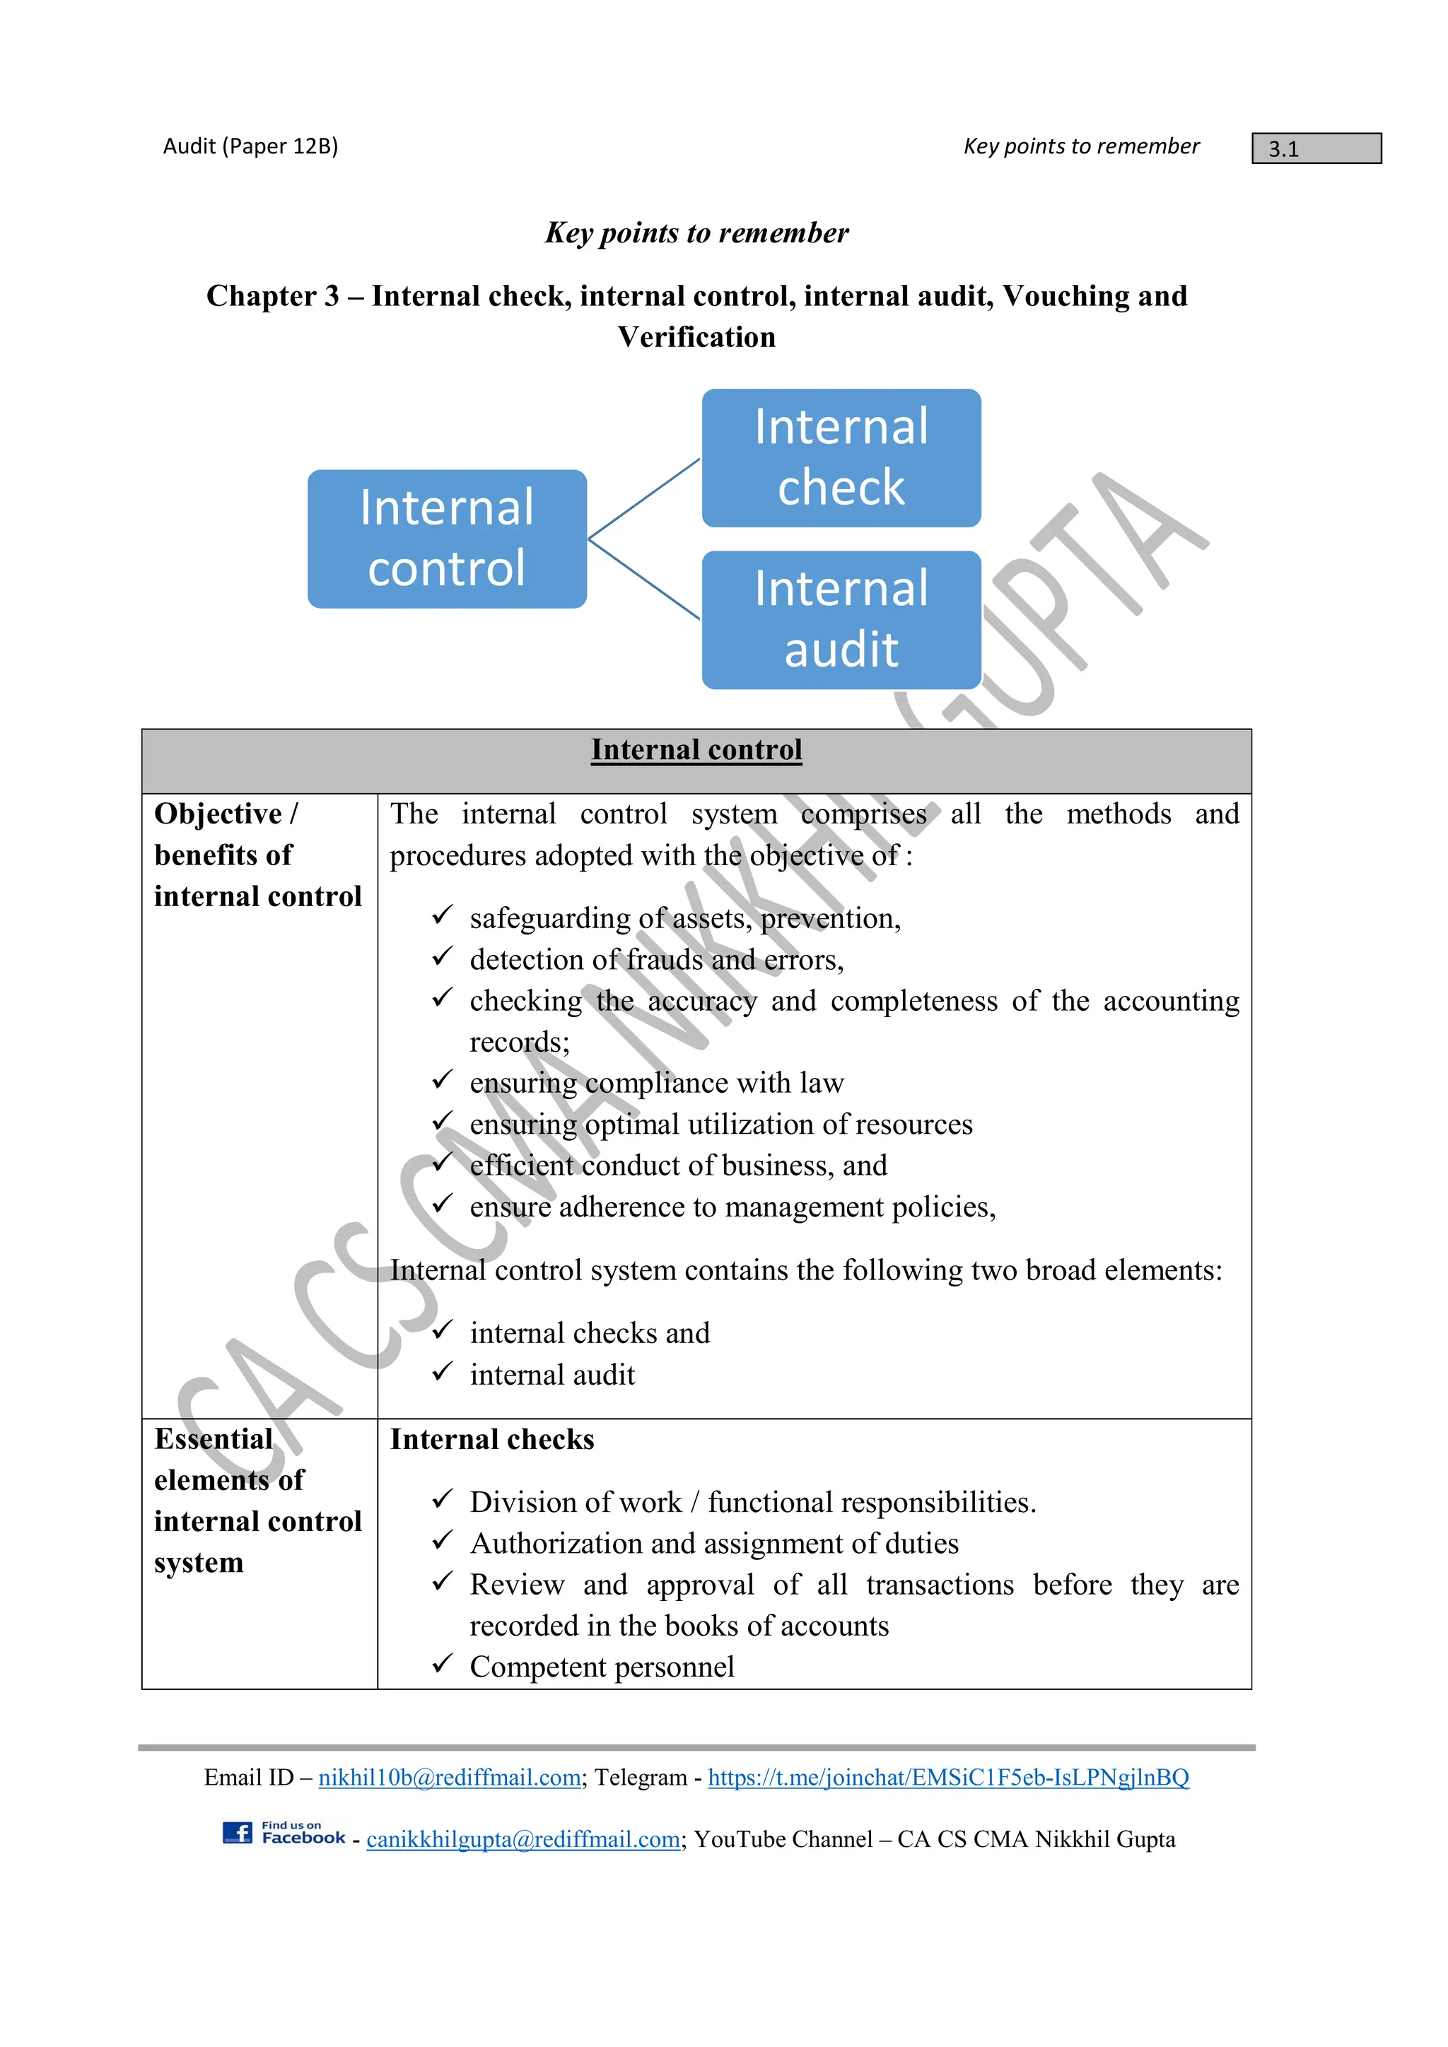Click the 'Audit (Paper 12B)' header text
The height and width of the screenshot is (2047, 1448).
250,146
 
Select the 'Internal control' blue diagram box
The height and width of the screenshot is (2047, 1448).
447,539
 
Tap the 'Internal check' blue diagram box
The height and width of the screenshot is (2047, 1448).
841,457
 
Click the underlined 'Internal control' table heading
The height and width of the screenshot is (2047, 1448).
696,750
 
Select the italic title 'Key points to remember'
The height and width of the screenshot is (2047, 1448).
696,233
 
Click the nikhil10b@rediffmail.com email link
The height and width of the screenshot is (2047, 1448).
450,1777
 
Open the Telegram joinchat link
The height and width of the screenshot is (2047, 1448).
948,1777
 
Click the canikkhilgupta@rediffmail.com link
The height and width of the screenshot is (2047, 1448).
523,1839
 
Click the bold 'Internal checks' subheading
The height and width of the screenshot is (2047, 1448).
492,1440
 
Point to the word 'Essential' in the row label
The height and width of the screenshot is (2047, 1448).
213,1439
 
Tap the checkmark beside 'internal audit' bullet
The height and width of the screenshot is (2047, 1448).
442,1371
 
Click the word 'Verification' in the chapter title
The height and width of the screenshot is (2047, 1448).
696,337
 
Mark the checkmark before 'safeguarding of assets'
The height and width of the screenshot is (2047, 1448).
442,915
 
